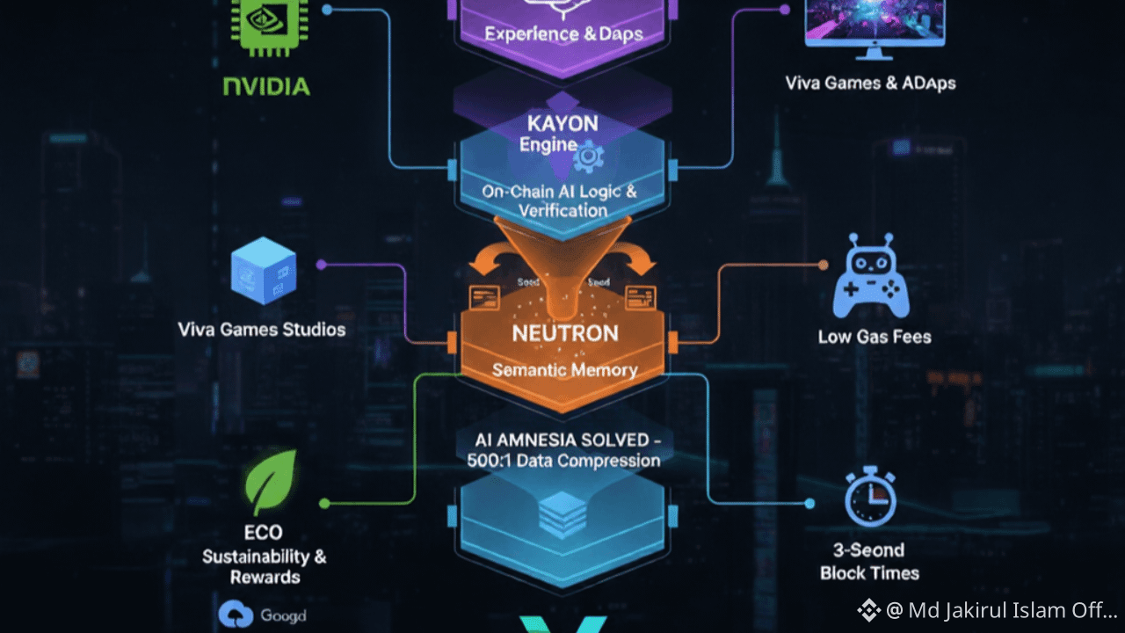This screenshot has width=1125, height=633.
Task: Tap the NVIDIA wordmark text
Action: click(266, 86)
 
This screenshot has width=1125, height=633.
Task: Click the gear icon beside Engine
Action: click(588, 157)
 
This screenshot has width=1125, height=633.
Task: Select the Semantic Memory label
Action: click(564, 369)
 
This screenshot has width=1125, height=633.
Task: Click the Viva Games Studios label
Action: click(262, 330)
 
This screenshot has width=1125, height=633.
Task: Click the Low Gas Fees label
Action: click(874, 337)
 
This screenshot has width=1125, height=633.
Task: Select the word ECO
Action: click(264, 533)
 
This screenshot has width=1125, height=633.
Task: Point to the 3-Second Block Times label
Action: click(869, 562)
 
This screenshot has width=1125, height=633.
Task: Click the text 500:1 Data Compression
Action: click(563, 461)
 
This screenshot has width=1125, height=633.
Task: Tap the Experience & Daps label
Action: click(563, 35)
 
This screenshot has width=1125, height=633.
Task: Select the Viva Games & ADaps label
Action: click(870, 84)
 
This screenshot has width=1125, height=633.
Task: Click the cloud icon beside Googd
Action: click(236, 615)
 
